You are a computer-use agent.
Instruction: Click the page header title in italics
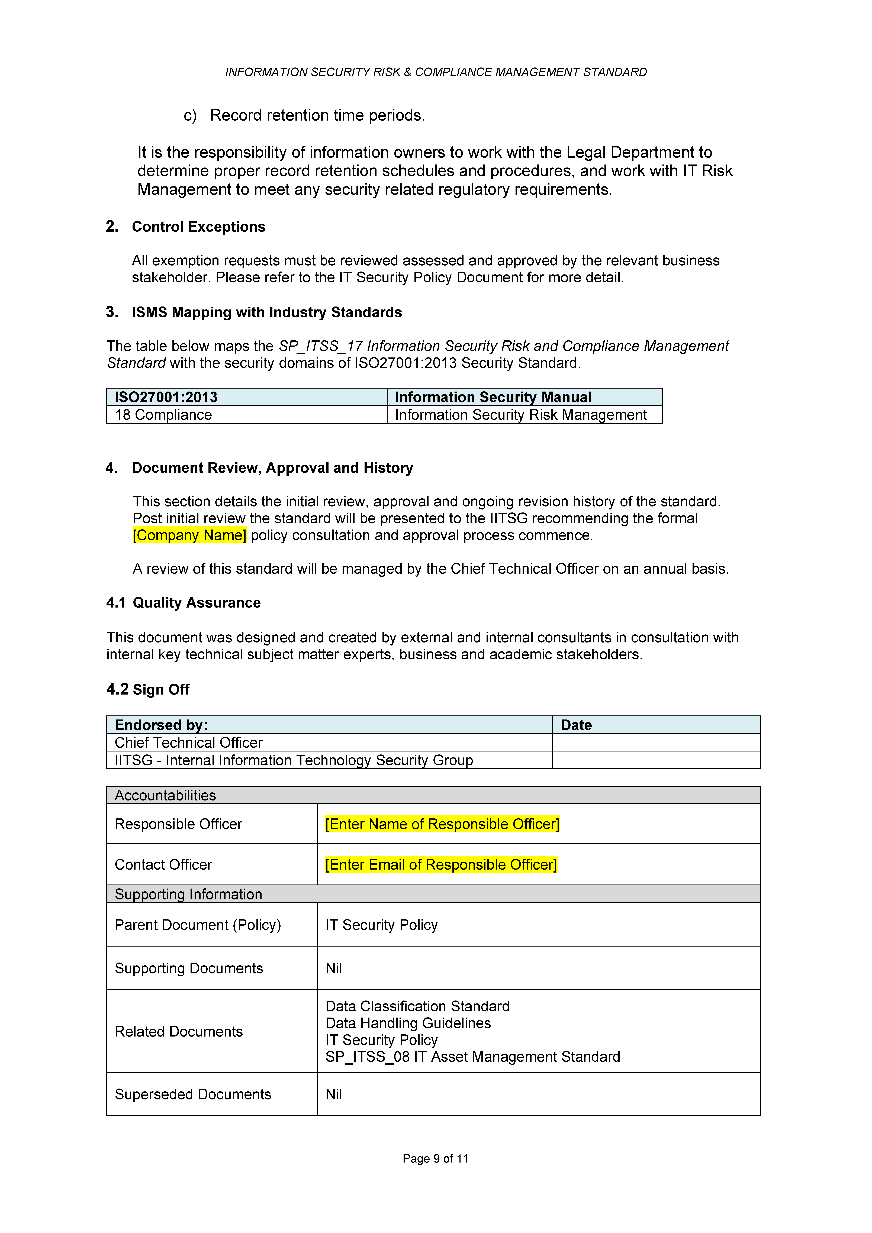click(436, 72)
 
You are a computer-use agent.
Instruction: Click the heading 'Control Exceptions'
click(198, 227)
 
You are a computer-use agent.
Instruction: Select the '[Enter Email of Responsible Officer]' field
click(441, 865)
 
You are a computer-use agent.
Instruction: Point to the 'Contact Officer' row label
click(163, 865)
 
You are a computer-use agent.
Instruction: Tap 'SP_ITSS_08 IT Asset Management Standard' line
click(473, 1057)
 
